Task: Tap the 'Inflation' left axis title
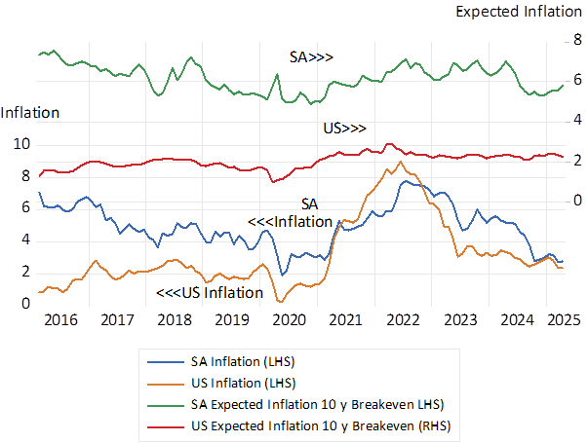29,112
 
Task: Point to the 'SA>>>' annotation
311,57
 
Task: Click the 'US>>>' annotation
344,129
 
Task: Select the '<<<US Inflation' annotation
210,292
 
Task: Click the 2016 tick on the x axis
59,319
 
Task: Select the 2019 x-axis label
232,319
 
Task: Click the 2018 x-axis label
175,319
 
